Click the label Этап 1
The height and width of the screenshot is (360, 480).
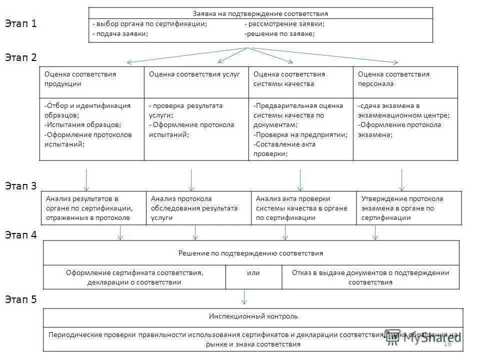point(20,24)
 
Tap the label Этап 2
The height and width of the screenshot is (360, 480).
point(20,57)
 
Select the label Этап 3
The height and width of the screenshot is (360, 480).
point(20,186)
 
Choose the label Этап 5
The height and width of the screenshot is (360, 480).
point(20,299)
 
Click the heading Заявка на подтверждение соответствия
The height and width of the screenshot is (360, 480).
point(260,13)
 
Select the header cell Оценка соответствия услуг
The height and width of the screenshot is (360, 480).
point(194,74)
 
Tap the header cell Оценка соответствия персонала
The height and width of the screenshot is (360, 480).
point(393,79)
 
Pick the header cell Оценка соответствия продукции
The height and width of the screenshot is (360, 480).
point(80,79)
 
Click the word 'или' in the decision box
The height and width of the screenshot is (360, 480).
point(253,272)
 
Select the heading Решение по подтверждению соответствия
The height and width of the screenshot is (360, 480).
point(250,253)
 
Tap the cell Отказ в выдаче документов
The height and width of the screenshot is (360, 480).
point(370,277)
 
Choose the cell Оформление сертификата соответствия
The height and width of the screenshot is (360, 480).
point(135,277)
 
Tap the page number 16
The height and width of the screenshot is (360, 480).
point(447,343)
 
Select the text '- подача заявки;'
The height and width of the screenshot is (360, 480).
point(120,34)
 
